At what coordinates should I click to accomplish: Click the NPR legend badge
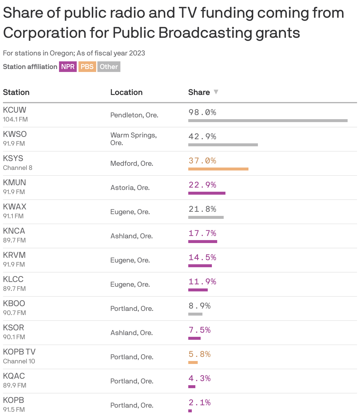point(68,67)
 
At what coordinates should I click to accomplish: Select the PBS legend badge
point(87,67)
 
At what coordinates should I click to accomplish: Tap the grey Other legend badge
point(109,67)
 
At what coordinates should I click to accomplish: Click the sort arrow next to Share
point(216,92)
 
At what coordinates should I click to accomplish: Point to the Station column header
point(16,92)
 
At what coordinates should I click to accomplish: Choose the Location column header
point(126,92)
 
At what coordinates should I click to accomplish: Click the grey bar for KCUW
point(268,121)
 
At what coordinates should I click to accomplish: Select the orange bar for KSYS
point(218,169)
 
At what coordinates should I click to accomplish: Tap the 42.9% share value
point(202,137)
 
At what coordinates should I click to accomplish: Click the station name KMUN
point(14,183)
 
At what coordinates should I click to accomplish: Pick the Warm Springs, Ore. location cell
point(133,139)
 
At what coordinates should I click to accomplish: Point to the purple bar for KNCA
point(202,242)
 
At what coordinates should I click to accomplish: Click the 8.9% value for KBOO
point(199,306)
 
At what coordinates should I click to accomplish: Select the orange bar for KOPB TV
point(193,362)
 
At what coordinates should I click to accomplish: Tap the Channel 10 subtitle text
point(19,361)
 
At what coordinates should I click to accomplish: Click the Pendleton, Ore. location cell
point(134,115)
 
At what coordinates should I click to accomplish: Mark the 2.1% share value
point(199,403)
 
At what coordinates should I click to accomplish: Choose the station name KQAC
point(14,376)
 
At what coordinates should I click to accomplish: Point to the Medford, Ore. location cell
point(132,163)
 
